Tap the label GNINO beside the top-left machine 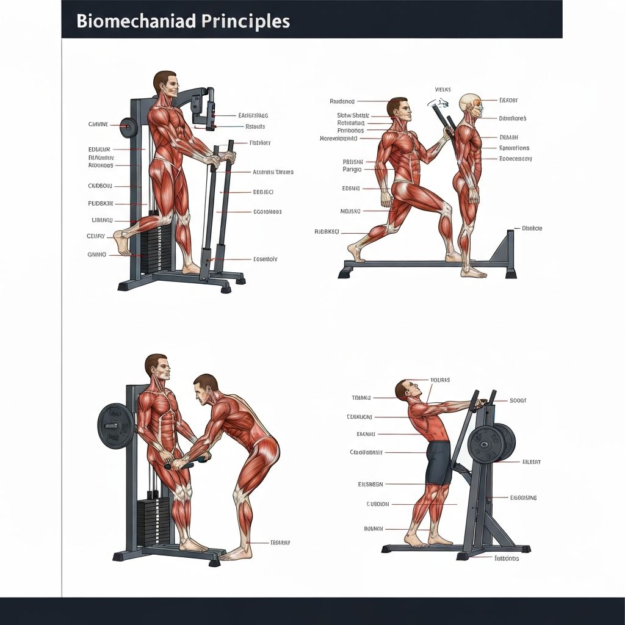pyautogui.click(x=97, y=255)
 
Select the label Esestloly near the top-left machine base pyautogui.click(x=265, y=259)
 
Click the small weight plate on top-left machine pyautogui.click(x=128, y=128)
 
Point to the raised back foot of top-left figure pyautogui.click(x=123, y=242)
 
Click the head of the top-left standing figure pyautogui.click(x=165, y=84)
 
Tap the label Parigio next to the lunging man pyautogui.click(x=352, y=169)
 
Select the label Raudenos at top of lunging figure pyautogui.click(x=342, y=101)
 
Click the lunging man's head pyautogui.click(x=397, y=110)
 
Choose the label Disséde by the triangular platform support pyautogui.click(x=532, y=228)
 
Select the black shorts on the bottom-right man pyautogui.click(x=438, y=461)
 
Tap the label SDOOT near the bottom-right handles pyautogui.click(x=518, y=401)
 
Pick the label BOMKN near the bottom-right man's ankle pyautogui.click(x=373, y=529)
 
